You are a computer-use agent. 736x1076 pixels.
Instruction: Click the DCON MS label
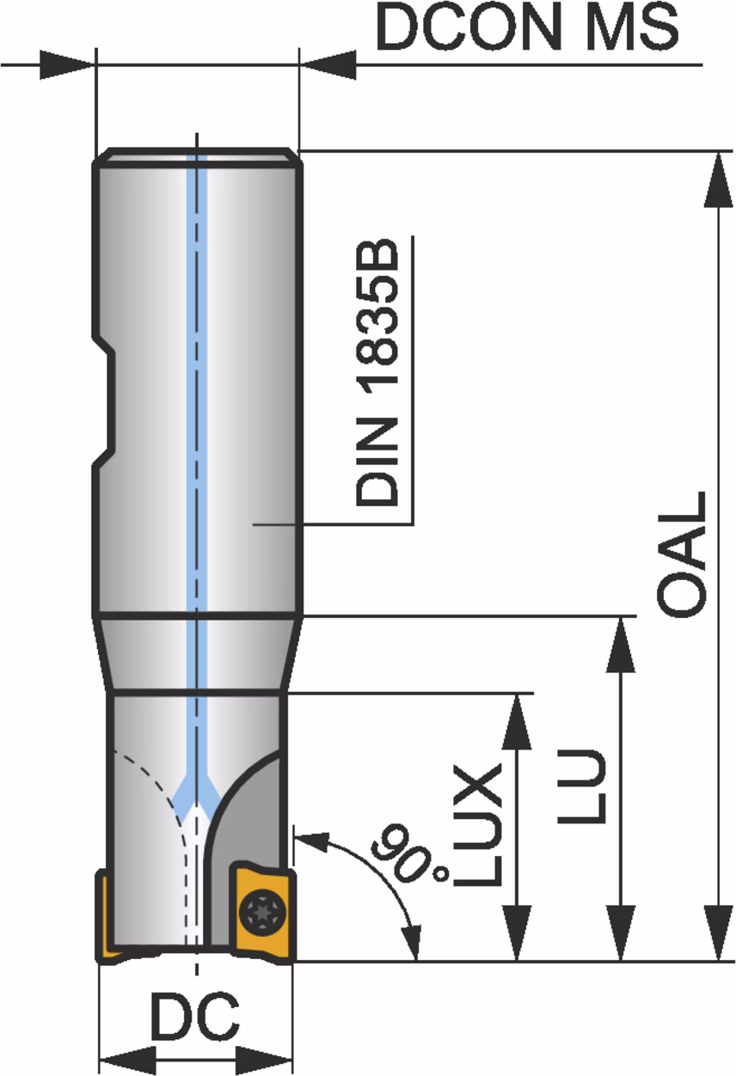[x=528, y=28]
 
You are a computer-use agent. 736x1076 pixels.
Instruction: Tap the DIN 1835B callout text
[x=377, y=372]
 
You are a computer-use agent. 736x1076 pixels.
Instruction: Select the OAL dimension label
[x=682, y=554]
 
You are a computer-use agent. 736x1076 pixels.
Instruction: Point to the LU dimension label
[x=581, y=786]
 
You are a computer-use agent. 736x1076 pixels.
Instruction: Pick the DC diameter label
[x=195, y=1016]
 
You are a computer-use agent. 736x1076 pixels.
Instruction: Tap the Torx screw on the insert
[x=262, y=911]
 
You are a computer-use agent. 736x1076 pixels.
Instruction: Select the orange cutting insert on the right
[x=262, y=912]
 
